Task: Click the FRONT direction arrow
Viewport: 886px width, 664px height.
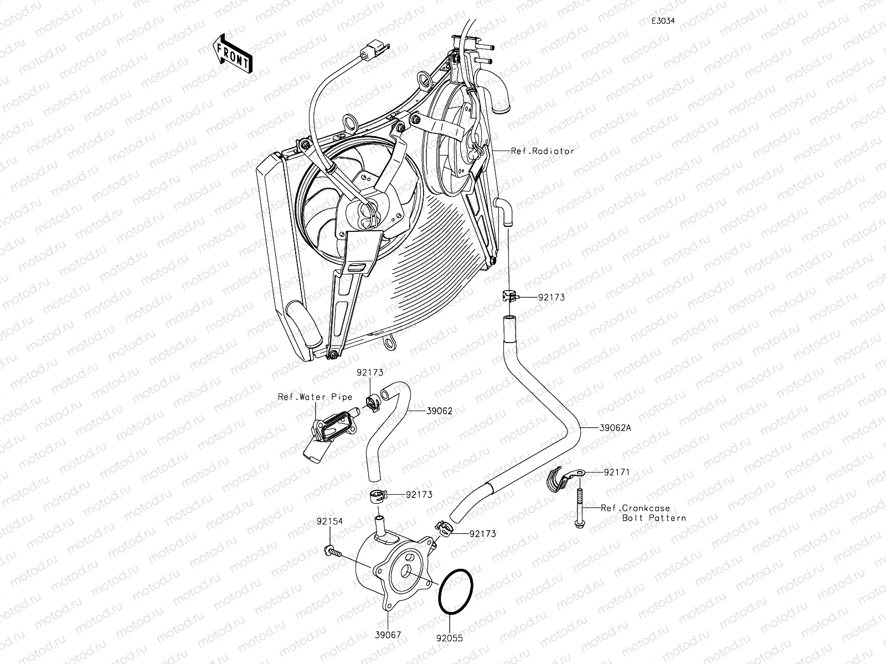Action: pos(231,53)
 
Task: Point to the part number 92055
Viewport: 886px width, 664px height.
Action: pos(449,638)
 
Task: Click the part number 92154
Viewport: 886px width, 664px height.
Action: pos(330,521)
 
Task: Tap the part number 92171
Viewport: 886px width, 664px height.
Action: pos(617,473)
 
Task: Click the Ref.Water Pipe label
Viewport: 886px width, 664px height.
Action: pos(315,397)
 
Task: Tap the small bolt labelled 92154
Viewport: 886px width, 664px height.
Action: pos(332,550)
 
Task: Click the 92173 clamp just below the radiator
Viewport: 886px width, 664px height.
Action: pos(509,296)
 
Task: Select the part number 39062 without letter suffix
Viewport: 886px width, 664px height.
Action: pos(439,411)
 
